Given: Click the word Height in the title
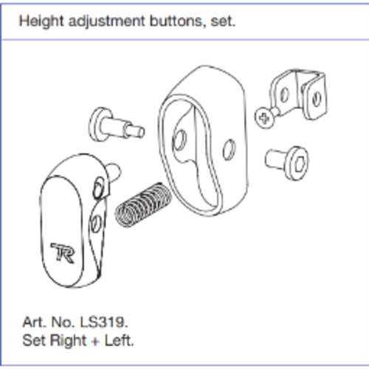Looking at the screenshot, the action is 41,21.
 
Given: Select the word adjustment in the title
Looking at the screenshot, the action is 107,21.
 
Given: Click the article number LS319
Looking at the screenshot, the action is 103,322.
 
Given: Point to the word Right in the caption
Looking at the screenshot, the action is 68,341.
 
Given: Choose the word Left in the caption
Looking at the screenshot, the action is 120,341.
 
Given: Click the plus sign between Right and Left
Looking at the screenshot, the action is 95,342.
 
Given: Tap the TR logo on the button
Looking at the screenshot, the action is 63,253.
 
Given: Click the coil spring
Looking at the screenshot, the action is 143,204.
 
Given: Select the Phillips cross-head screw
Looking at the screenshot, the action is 266,118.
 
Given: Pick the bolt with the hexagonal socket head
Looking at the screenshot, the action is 287,162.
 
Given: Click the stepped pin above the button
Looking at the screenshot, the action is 117,125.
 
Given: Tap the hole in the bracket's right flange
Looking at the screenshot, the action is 316,100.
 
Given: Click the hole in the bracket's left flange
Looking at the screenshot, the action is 285,94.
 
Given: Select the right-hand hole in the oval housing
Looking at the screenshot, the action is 229,150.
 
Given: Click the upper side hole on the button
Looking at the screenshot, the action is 99,188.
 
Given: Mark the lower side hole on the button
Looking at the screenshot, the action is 95,224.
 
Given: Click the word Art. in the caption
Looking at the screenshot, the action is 34,322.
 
